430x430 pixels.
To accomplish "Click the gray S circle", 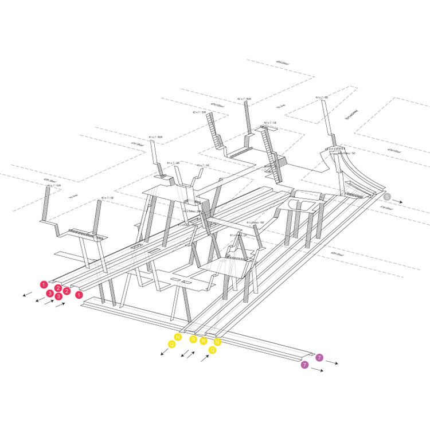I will click(x=387, y=197).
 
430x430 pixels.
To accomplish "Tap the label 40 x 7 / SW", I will click(x=53, y=186).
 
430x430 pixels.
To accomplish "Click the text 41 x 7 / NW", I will click(x=155, y=138).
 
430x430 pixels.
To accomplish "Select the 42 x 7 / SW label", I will click(x=199, y=112).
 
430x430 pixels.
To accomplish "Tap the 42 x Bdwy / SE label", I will click(x=346, y=154).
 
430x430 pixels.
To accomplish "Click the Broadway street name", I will click(x=351, y=115).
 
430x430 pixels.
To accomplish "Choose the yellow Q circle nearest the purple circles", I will click(x=213, y=349).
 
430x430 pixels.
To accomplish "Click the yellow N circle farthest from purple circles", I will click(x=178, y=337).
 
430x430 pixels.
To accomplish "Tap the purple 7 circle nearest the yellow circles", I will click(x=304, y=364).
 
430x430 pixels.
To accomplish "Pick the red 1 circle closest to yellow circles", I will click(x=79, y=294).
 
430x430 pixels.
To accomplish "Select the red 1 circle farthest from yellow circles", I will click(x=44, y=284).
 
